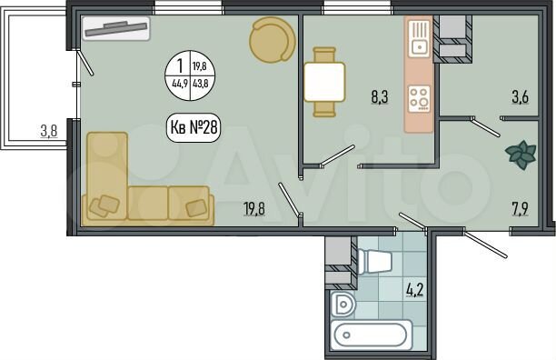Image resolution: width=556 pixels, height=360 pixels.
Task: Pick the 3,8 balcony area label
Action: (x=48, y=131)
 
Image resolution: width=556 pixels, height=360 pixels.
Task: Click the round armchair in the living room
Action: (x=273, y=40)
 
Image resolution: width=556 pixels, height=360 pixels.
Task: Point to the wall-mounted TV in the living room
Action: (x=116, y=29)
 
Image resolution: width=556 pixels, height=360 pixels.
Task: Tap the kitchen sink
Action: (x=420, y=39)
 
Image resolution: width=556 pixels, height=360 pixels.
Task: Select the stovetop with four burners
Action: (x=420, y=98)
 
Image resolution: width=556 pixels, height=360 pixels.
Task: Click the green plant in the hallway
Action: (x=521, y=155)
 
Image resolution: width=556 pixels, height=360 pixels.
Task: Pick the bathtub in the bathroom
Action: (x=371, y=334)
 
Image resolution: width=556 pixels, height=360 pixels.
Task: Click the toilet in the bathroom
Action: (x=374, y=262)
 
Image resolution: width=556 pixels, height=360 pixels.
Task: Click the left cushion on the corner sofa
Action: (x=108, y=205)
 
